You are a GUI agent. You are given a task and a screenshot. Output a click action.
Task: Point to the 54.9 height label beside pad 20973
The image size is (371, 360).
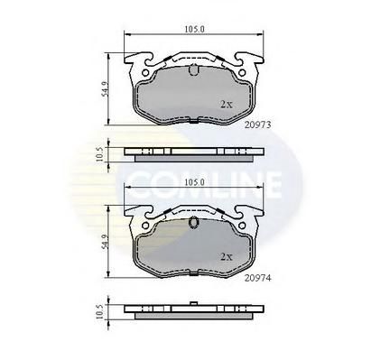105,89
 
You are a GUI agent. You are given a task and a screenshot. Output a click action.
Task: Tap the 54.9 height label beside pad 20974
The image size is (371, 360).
105,242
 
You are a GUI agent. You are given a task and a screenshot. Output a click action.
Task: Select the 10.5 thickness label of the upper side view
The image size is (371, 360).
99,154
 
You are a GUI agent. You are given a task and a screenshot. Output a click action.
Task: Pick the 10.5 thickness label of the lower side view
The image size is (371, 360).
99,311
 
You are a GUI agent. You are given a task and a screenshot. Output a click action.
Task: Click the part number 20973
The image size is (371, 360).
257,125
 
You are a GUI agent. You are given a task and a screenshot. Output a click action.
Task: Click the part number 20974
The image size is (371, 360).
257,278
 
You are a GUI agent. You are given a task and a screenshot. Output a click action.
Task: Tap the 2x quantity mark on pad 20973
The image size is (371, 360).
227,105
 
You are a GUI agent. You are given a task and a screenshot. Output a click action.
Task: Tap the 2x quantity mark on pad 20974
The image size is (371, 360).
227,257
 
